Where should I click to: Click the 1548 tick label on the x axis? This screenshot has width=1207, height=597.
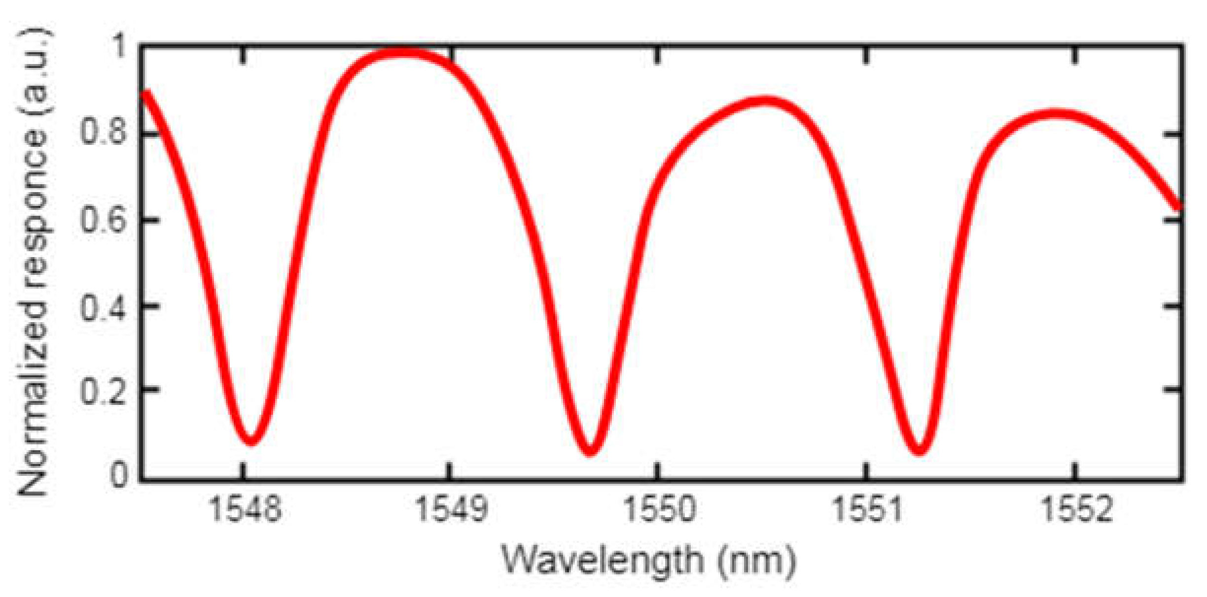point(245,508)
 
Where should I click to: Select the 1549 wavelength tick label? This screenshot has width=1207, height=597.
point(451,508)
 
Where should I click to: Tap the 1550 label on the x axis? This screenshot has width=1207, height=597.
point(659,508)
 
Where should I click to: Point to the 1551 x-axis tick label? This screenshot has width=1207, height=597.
point(867,508)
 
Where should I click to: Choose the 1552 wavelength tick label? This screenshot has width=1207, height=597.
point(1076,508)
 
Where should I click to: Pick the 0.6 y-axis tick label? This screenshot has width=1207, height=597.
point(103,220)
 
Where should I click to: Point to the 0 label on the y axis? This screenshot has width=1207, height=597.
point(118,475)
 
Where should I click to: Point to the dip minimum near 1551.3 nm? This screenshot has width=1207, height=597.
point(919,449)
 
